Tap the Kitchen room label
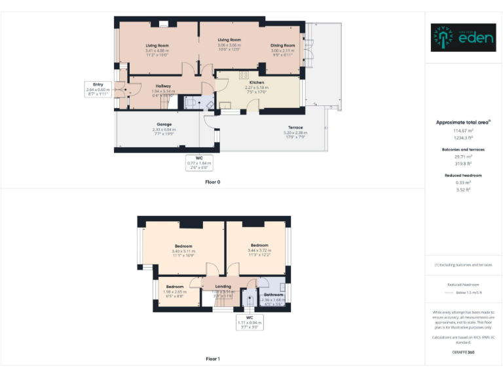point(257,82)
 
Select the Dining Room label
point(283,46)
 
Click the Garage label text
point(164,124)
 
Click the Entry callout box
point(98,89)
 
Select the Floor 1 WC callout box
point(250,321)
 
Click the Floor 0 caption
point(212,181)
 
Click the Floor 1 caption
point(212,359)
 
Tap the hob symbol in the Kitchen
point(242,75)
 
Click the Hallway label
point(163,86)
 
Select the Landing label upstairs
point(223,287)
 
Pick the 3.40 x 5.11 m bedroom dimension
point(183,251)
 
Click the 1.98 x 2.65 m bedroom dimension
point(174,291)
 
